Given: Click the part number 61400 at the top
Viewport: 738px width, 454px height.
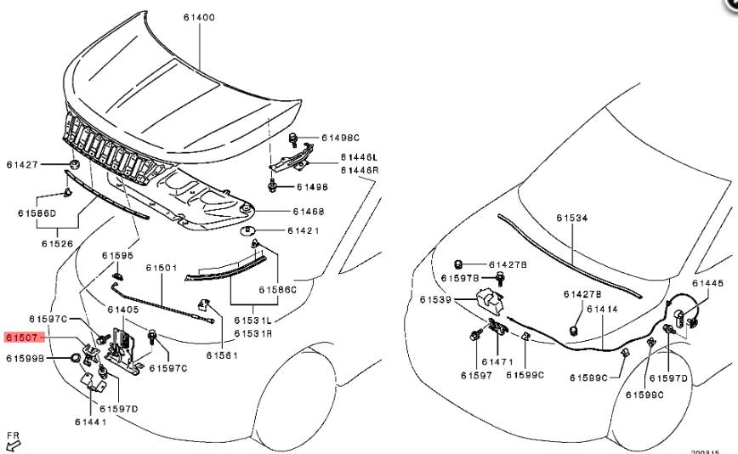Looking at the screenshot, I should click(198, 17).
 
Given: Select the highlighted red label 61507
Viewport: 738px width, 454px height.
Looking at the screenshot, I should click(22, 338).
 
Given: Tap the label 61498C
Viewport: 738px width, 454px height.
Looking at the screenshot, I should click(341, 137).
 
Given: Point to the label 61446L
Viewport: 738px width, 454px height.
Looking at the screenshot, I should click(360, 158).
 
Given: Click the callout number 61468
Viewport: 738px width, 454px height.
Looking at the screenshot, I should click(308, 211).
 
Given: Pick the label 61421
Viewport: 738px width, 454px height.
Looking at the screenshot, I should click(304, 230).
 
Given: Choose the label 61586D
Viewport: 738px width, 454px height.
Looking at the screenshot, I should click(37, 213).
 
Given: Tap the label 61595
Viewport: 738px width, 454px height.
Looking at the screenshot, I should click(118, 255).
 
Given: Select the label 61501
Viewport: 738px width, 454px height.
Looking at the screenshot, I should click(161, 268).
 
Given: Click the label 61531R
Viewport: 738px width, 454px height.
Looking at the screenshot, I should click(254, 333).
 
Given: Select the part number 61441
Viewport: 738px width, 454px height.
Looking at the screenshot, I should click(90, 422).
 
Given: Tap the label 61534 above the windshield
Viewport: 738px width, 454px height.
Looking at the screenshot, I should click(572, 218).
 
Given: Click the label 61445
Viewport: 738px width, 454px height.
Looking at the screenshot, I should click(707, 283).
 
